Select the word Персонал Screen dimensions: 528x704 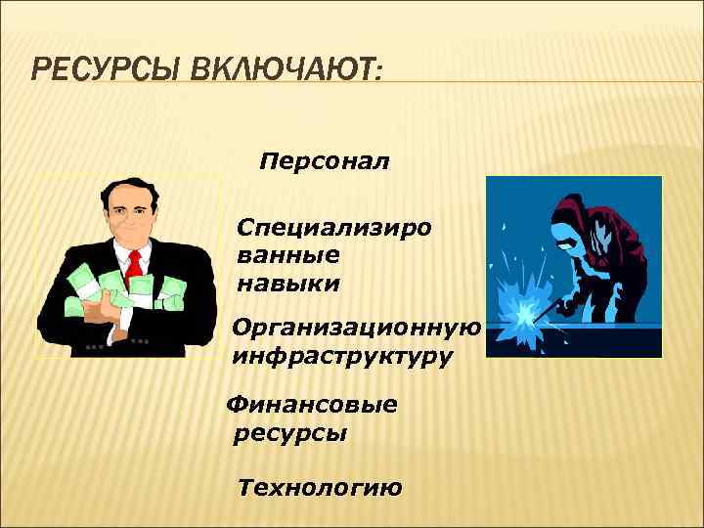coord(324,160)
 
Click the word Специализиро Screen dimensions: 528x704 coord(333,228)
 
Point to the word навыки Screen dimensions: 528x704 coord(287,285)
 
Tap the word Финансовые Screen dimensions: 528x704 coord(312,404)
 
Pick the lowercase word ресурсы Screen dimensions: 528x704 coord(290,433)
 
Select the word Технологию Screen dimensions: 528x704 coord(319,488)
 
